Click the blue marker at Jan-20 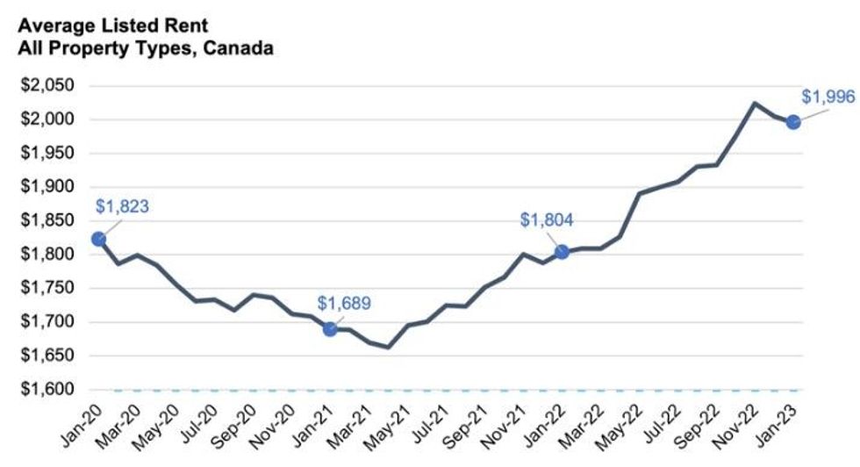[x=98, y=239]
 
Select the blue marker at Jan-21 [x=330, y=329]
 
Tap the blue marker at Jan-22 [x=562, y=252]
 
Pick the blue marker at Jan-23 [x=792, y=122]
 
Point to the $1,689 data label [x=344, y=304]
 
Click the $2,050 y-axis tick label [x=48, y=86]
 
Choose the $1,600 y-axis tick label [x=48, y=390]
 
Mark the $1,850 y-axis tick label [x=48, y=221]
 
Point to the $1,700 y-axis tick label [x=48, y=322]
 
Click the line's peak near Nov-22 [x=755, y=104]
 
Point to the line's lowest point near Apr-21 [x=388, y=347]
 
